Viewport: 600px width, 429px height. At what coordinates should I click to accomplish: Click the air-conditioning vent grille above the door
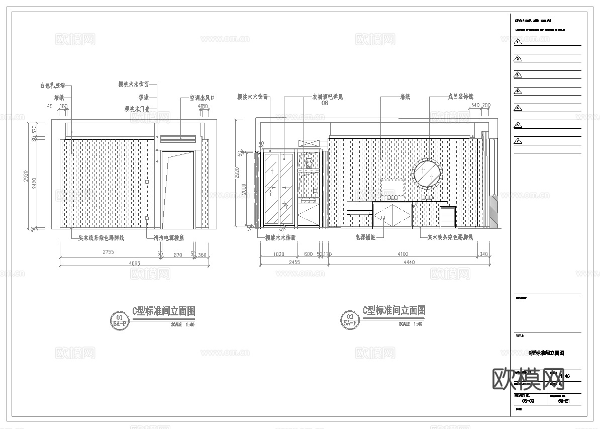[x=178, y=139]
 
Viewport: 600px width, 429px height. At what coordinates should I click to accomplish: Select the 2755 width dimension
[x=108, y=252]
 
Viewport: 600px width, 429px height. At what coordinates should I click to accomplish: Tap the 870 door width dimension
[x=177, y=255]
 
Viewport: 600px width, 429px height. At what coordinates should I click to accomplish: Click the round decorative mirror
[x=428, y=174]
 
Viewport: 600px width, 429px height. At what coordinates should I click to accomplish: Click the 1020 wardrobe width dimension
[x=278, y=254]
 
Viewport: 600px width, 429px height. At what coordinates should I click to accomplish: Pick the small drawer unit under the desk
[x=448, y=217]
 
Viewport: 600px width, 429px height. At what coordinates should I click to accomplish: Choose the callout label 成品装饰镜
[x=460, y=97]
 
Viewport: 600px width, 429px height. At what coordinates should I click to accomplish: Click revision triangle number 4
[x=518, y=91]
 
